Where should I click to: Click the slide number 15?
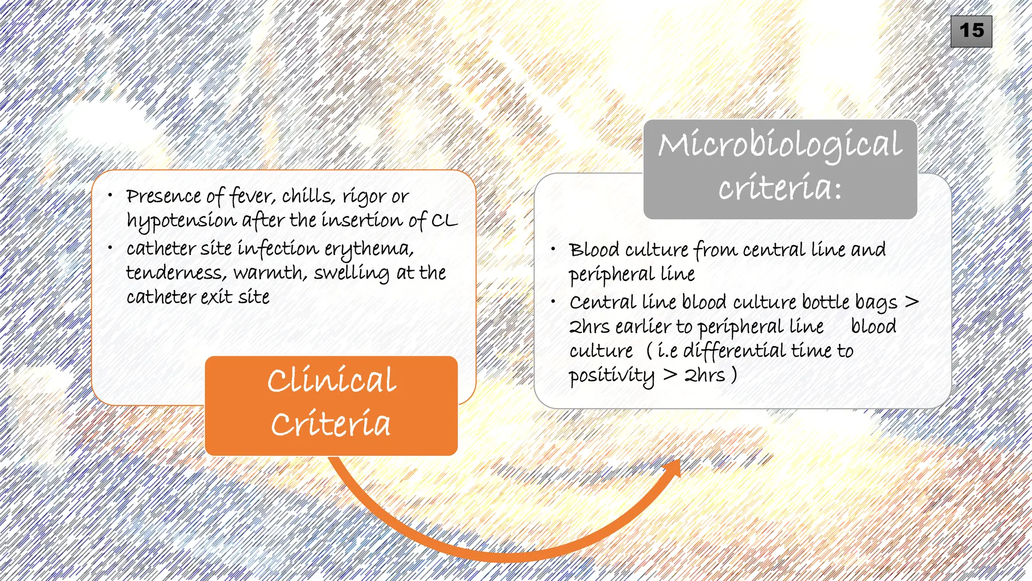971,31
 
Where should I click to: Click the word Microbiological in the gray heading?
780,145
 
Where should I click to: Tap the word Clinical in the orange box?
332,381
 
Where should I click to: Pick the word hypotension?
181,221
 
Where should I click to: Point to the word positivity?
611,376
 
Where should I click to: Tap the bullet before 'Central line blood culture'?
553,302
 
